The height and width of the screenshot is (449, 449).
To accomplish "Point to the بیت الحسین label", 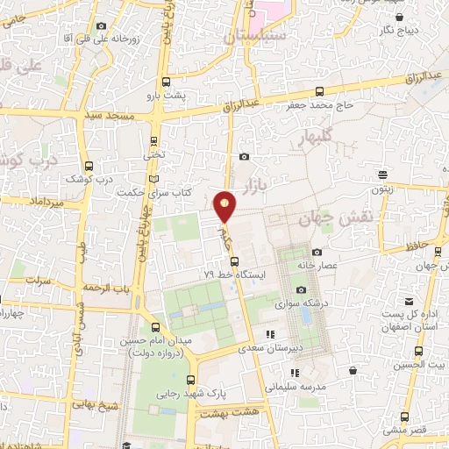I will pos(418,363).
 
